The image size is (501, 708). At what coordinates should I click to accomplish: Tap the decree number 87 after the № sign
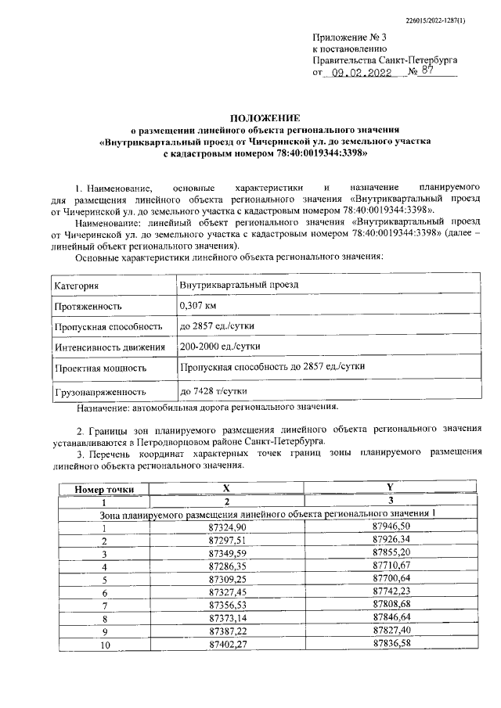[426, 71]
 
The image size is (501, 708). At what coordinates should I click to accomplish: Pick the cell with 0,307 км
[198, 306]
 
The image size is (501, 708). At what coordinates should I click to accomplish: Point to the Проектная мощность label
[100, 367]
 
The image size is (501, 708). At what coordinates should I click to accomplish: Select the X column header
[226, 488]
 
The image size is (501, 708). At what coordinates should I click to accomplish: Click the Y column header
[390, 488]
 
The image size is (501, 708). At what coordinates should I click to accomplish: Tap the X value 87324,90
[228, 528]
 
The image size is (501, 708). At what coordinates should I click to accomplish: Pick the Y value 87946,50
[389, 528]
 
